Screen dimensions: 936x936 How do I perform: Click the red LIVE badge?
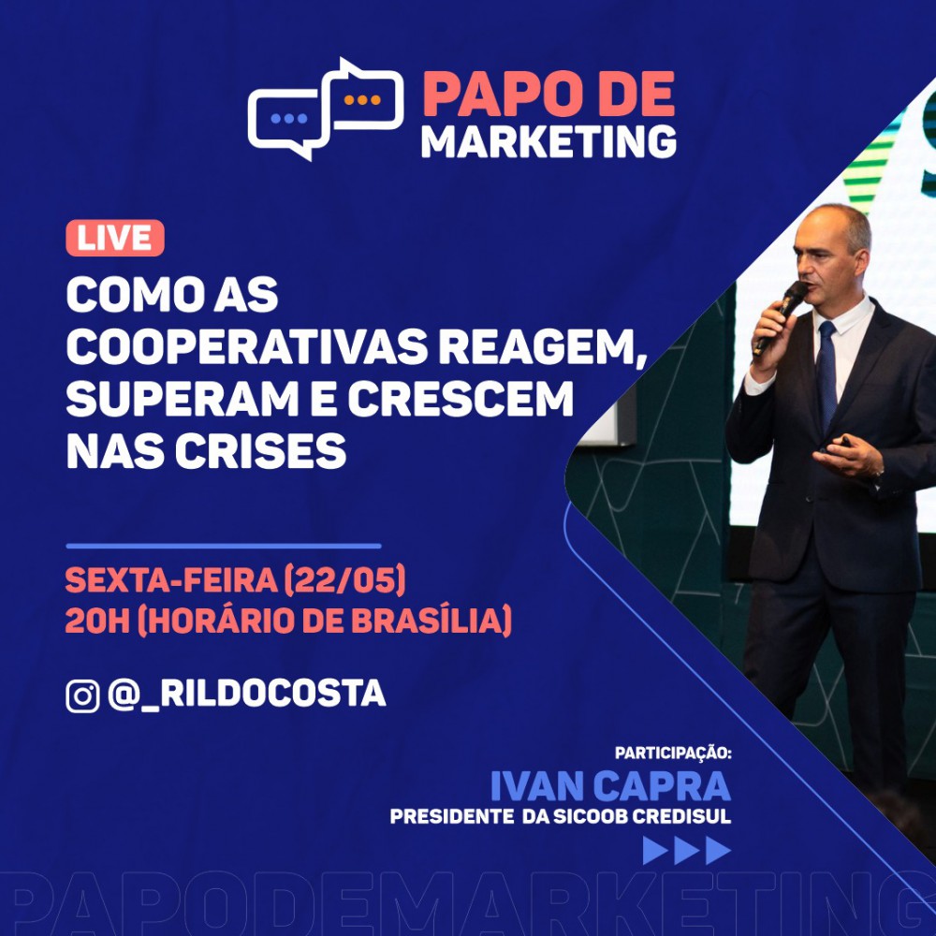click(x=114, y=238)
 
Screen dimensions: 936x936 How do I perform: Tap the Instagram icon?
click(x=82, y=696)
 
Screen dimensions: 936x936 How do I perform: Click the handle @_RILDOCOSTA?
click(x=247, y=695)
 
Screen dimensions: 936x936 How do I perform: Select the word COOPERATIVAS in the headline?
click(x=247, y=346)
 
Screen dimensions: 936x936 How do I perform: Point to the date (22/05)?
click(x=344, y=580)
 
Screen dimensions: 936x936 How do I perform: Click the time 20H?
click(x=97, y=621)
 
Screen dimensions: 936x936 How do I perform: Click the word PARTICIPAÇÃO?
click(x=673, y=753)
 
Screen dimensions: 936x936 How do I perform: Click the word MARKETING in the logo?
click(x=548, y=141)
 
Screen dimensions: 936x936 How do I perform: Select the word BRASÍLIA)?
click(x=431, y=621)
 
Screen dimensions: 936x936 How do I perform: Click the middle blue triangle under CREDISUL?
click(x=686, y=850)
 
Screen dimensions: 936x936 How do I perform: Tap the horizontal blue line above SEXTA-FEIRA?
click(x=224, y=546)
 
